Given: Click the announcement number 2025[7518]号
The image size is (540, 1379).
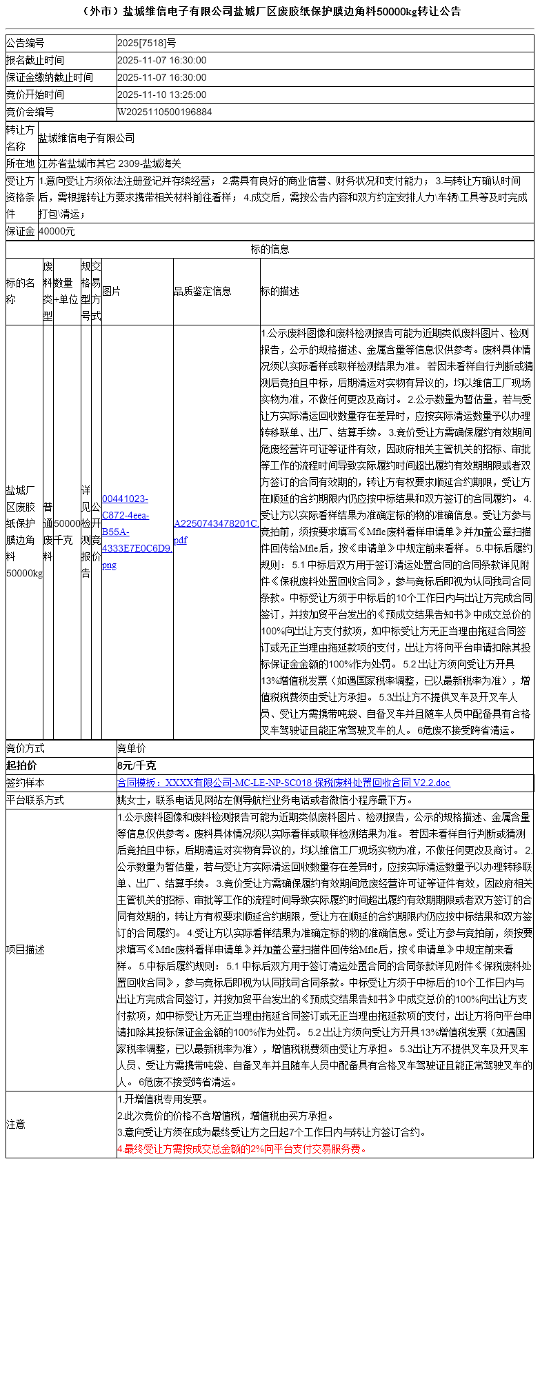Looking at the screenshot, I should click(147, 43).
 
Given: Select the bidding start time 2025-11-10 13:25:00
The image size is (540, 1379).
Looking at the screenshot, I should click(162, 94).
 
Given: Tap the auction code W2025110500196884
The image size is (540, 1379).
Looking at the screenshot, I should click(165, 112).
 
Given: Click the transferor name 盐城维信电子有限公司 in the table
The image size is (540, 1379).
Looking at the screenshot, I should click(87, 138).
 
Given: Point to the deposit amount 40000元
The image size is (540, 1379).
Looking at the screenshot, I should click(57, 232).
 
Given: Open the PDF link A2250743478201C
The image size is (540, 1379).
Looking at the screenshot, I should click(217, 532).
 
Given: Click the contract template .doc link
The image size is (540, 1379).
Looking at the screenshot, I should click(283, 783).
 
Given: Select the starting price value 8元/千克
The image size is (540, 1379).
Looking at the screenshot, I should click(137, 765).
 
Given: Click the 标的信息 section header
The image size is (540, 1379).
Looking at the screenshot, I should click(270, 249).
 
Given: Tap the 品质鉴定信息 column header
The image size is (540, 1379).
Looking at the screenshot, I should click(203, 292).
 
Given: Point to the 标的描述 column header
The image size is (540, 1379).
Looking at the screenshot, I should click(280, 292).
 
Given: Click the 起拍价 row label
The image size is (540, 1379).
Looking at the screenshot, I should click(21, 765).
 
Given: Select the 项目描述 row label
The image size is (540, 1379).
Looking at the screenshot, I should click(26, 949).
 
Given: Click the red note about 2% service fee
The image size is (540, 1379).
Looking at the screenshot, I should click(242, 1149).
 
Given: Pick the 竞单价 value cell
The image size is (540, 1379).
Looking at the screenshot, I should click(132, 748).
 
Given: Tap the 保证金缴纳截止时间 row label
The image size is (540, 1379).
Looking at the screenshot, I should click(50, 77).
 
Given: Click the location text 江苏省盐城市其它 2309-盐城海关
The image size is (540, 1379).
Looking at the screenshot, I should click(110, 163).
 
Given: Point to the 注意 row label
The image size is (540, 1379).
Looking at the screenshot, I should click(16, 1124).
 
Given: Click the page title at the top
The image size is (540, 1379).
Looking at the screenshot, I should click(270, 12).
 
